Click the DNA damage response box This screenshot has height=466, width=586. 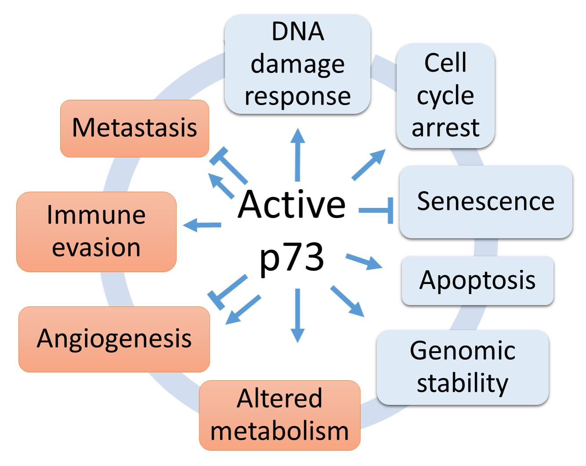coord(297,65)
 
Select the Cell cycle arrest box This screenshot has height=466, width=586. coord(445,95)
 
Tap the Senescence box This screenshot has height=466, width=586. coord(485,202)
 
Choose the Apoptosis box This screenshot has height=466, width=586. coord(477,280)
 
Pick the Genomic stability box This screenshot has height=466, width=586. coord(462,367)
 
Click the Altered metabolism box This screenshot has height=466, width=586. coord(280,415)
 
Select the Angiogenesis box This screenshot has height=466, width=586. coord(114,339)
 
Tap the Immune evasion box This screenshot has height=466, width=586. coord(96,232)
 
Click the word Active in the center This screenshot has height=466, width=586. coord(292,204)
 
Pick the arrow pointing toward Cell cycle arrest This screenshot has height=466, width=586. coord(368,165)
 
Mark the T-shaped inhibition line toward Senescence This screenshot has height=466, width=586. coord(376,211)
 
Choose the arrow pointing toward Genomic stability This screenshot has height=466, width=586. coord(347,301)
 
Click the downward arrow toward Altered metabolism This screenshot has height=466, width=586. coord(298,315)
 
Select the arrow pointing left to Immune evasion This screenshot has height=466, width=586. coord(202,226)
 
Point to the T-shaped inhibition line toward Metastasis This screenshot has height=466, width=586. coord(229,166)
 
